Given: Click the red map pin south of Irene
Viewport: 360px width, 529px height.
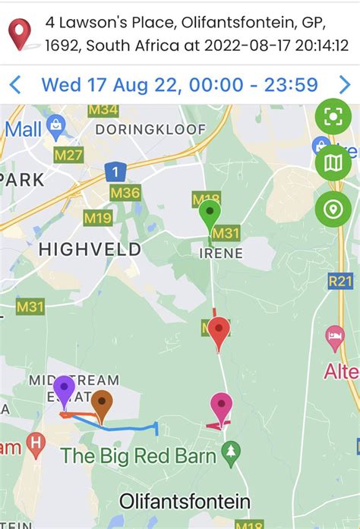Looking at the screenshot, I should (219, 332).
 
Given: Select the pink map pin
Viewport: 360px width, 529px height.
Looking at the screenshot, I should (221, 406).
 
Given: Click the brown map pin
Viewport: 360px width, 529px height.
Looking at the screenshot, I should (102, 403).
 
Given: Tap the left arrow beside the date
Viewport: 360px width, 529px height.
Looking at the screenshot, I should (14, 83).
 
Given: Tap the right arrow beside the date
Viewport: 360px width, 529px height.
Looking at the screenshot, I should (346, 83).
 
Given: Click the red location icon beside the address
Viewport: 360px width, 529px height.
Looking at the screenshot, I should (19, 33).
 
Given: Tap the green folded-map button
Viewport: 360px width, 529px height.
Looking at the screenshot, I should (333, 162).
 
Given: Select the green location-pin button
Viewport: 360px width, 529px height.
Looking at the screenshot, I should (333, 209).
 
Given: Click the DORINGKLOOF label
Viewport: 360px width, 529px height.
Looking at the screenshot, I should (150, 130).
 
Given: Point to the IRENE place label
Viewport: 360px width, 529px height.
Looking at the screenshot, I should (220, 253).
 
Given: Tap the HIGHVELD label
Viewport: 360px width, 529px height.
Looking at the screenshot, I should (90, 249).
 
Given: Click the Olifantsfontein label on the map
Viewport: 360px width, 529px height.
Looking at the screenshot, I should (185, 501).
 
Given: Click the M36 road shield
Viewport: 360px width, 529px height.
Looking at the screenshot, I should (125, 193).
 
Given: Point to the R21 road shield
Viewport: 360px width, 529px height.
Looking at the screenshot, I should (341, 281).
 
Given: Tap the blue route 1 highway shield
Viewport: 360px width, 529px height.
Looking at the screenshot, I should (115, 172).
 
